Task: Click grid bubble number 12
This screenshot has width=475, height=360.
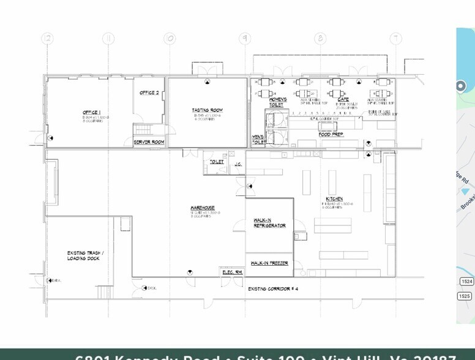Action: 47,38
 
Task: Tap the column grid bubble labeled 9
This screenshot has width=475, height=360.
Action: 245,38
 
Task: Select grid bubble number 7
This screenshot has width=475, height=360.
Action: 397,38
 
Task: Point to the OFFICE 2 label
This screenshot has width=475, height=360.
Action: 149,92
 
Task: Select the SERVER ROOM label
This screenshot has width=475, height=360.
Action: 149,142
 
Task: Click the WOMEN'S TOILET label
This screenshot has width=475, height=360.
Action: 278,102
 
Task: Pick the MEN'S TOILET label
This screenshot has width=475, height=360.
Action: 258,140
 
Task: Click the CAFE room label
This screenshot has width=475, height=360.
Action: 343,99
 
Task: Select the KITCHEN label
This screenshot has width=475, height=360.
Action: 334,199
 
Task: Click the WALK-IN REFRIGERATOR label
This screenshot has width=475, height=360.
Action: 269,223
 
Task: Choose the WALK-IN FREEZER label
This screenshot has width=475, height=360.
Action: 269,263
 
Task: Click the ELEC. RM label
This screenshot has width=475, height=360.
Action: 230,272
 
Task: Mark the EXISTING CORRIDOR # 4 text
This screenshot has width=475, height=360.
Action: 273,288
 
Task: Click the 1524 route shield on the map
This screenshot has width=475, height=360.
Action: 465,281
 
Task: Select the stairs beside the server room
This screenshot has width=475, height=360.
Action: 142,130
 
